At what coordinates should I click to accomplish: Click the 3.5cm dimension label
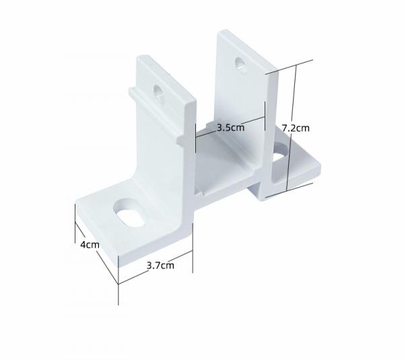click(x=230, y=127)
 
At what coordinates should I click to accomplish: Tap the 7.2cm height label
click(x=296, y=127)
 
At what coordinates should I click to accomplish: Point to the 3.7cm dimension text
click(x=160, y=265)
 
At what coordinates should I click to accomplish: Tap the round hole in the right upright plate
click(x=240, y=64)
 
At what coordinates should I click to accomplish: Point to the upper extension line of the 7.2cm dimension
click(x=290, y=66)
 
